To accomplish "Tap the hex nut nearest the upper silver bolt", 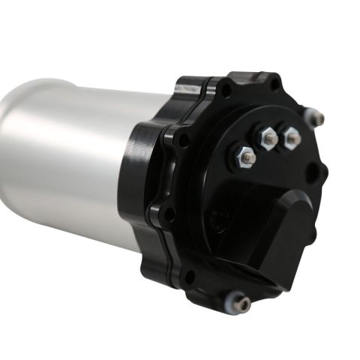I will (290, 137).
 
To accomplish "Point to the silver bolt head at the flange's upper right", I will (318, 118).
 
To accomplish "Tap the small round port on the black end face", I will (216, 220).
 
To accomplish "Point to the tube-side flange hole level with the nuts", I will (182, 139).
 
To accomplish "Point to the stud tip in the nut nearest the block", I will (247, 157).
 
